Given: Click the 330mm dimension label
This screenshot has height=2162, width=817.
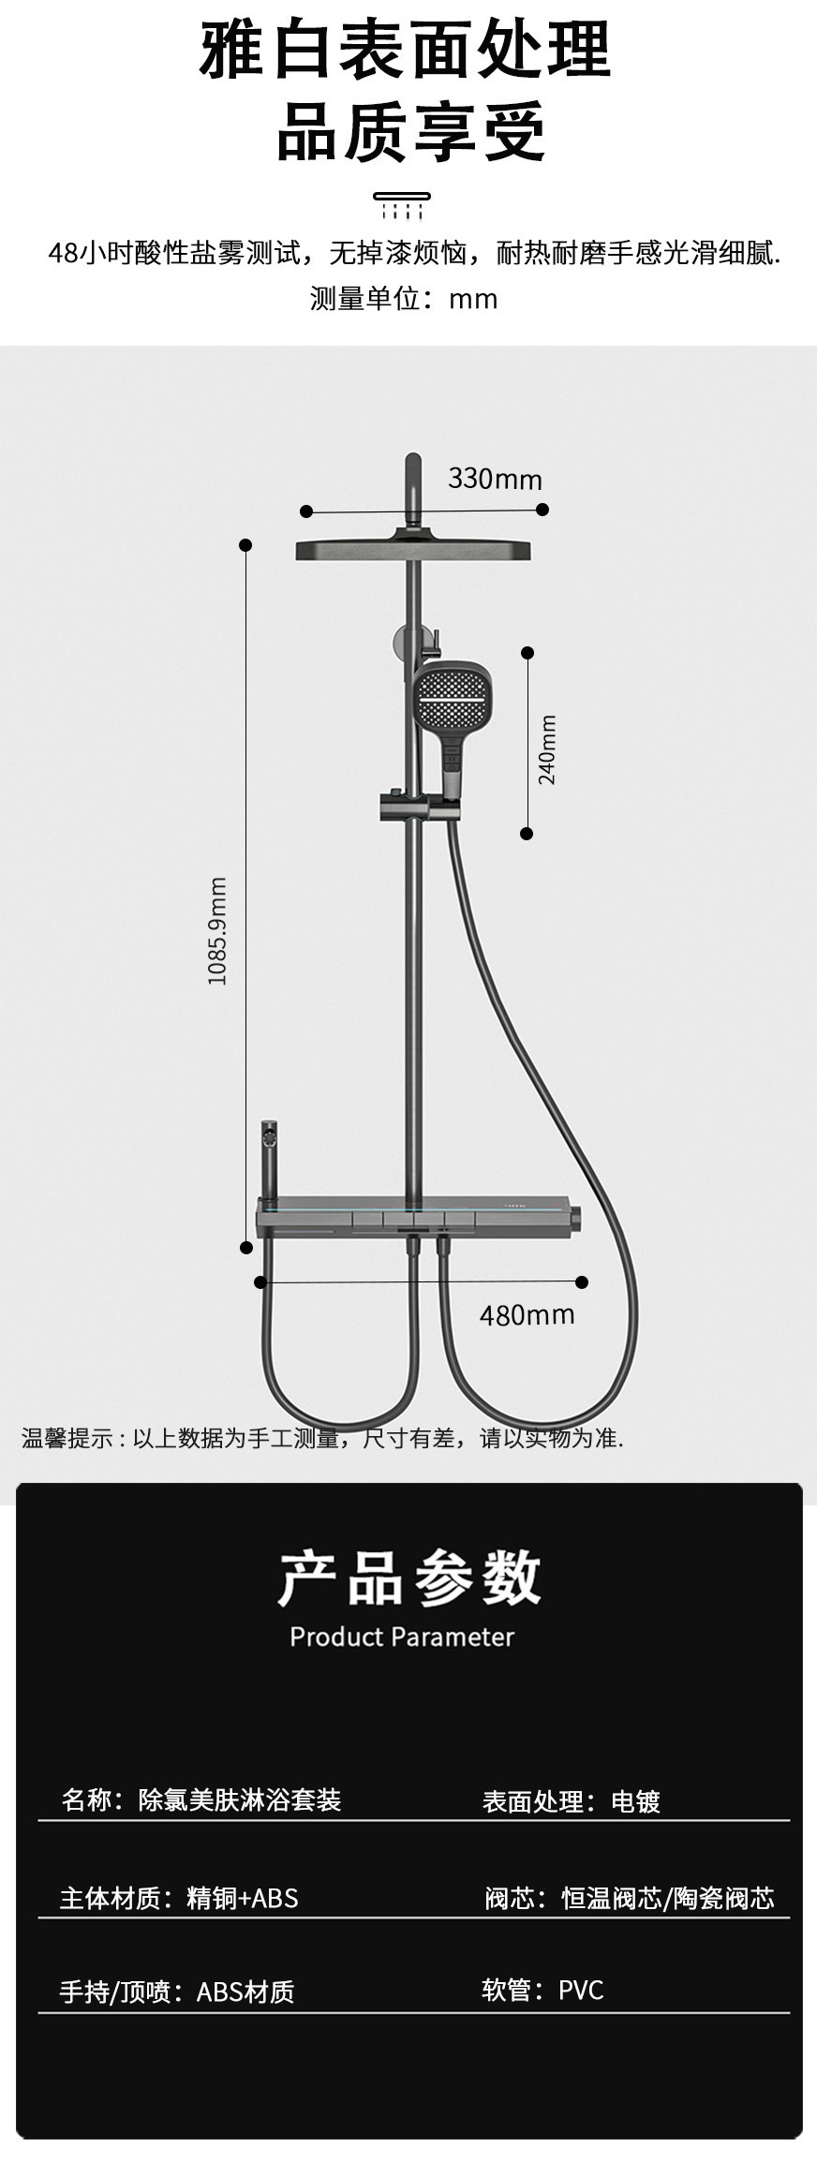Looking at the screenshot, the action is [x=495, y=480].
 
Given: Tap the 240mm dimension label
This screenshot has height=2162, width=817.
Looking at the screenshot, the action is [x=547, y=749].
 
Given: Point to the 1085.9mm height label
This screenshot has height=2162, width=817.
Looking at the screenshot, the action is [x=217, y=931].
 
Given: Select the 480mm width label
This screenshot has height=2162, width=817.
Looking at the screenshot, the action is [x=527, y=1315].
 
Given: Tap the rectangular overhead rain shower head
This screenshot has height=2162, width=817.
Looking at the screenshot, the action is [x=414, y=550].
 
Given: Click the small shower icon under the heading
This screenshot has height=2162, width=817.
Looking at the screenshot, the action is [x=403, y=206].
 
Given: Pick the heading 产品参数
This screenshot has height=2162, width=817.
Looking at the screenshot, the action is [x=409, y=1578].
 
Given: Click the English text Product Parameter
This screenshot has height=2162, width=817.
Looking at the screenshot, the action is [x=402, y=1637].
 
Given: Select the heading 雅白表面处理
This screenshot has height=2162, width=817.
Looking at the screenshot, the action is [x=405, y=52].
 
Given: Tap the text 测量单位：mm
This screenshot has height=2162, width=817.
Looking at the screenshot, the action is [x=404, y=299].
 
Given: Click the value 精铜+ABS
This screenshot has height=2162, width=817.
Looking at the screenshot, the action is [x=243, y=1898].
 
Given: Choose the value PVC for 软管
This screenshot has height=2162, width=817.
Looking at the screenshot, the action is [x=581, y=1990].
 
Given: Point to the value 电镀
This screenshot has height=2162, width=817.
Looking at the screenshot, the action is [x=635, y=1801].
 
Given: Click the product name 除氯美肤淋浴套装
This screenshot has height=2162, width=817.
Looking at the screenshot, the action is [x=240, y=1799].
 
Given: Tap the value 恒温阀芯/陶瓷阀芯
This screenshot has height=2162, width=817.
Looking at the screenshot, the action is [x=668, y=1899].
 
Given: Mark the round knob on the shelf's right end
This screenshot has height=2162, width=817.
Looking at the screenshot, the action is [x=574, y=1219].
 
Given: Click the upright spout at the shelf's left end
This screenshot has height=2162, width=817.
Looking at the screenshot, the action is [x=270, y=1162].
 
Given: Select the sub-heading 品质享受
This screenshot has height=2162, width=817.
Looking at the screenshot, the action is [x=410, y=134].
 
